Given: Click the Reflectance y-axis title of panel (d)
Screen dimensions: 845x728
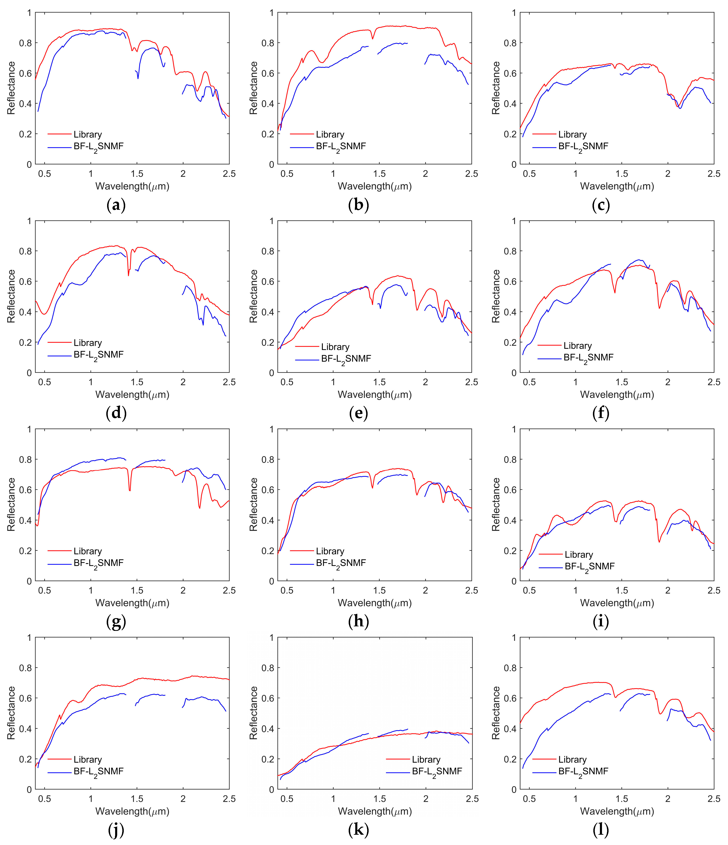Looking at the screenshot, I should [x=11, y=296].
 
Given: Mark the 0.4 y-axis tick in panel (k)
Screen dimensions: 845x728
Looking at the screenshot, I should [x=267, y=729].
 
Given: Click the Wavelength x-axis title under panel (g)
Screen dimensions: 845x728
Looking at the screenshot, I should [x=132, y=603].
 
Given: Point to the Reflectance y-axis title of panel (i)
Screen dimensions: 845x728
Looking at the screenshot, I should [x=496, y=505].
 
